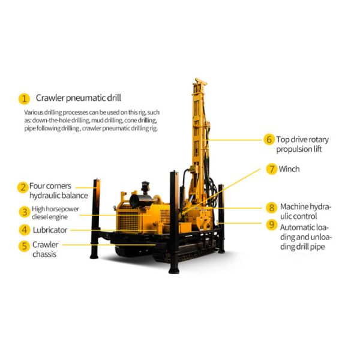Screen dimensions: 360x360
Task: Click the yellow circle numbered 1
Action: coord(24,98)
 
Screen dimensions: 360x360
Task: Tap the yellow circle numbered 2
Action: coord(23,187)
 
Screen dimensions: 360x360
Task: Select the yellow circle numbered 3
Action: coord(24,211)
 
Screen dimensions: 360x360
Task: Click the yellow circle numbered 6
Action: coord(269,139)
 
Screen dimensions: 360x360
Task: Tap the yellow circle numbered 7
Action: coord(272,169)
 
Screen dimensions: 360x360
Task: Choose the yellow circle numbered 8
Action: coord(272,208)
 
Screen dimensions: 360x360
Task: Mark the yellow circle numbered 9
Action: coord(272,226)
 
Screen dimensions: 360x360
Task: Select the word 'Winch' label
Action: coord(289,169)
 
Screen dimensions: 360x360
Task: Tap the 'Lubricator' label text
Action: coord(51,230)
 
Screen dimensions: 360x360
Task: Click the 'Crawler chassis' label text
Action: coord(46,250)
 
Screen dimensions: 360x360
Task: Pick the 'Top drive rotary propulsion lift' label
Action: coord(302,144)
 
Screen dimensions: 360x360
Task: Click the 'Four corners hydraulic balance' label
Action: coord(59,191)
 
